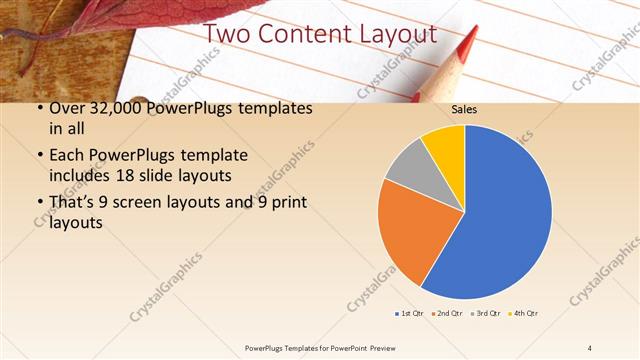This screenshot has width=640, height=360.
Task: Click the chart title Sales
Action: coord(464,109)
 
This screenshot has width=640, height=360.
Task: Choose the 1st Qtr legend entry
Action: coord(410,314)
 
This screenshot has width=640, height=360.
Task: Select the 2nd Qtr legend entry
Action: coord(447,314)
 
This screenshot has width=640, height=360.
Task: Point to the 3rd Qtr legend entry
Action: coord(486,314)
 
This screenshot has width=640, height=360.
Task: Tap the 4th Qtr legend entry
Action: coord(525,314)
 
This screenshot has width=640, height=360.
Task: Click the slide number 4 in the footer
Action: coord(590,347)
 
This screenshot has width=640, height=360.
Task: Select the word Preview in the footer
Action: coord(367,347)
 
